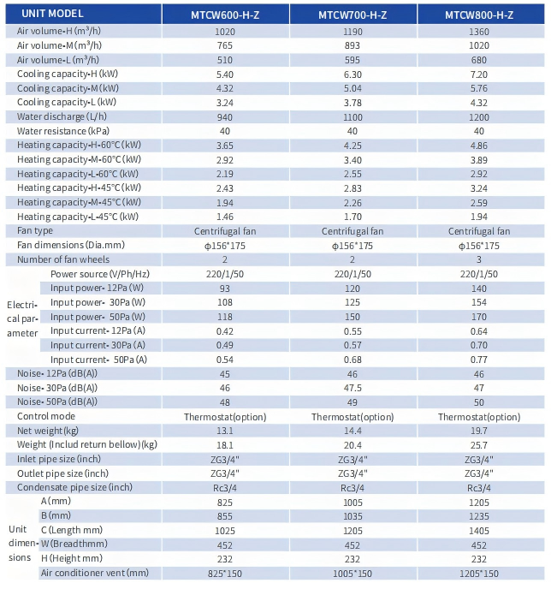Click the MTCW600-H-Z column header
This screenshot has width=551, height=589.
point(225,15)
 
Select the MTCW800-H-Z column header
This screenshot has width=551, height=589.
point(479,15)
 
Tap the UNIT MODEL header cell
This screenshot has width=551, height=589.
point(52,14)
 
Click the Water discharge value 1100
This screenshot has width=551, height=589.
point(353,117)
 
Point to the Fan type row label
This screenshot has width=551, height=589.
point(35,230)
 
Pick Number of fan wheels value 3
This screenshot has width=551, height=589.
point(479,259)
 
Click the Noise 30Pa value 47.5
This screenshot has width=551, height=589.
point(353,388)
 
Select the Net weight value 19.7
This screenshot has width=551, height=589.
point(479,431)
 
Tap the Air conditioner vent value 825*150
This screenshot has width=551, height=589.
point(225,574)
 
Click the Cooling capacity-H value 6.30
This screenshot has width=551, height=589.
point(353,74)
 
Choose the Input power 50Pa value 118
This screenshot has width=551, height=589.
point(225,317)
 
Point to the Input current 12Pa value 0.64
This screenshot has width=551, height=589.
point(479,331)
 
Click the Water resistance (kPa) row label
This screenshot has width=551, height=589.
point(63,131)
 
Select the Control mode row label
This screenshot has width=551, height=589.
point(46,416)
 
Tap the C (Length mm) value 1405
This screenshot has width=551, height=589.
point(479,531)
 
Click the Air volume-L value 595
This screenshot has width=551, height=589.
point(353,60)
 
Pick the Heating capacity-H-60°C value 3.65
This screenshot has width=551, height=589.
point(225,146)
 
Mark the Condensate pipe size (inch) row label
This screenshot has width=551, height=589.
point(74,488)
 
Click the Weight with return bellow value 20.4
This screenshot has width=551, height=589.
point(353,445)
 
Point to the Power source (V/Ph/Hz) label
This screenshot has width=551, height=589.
point(100,274)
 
